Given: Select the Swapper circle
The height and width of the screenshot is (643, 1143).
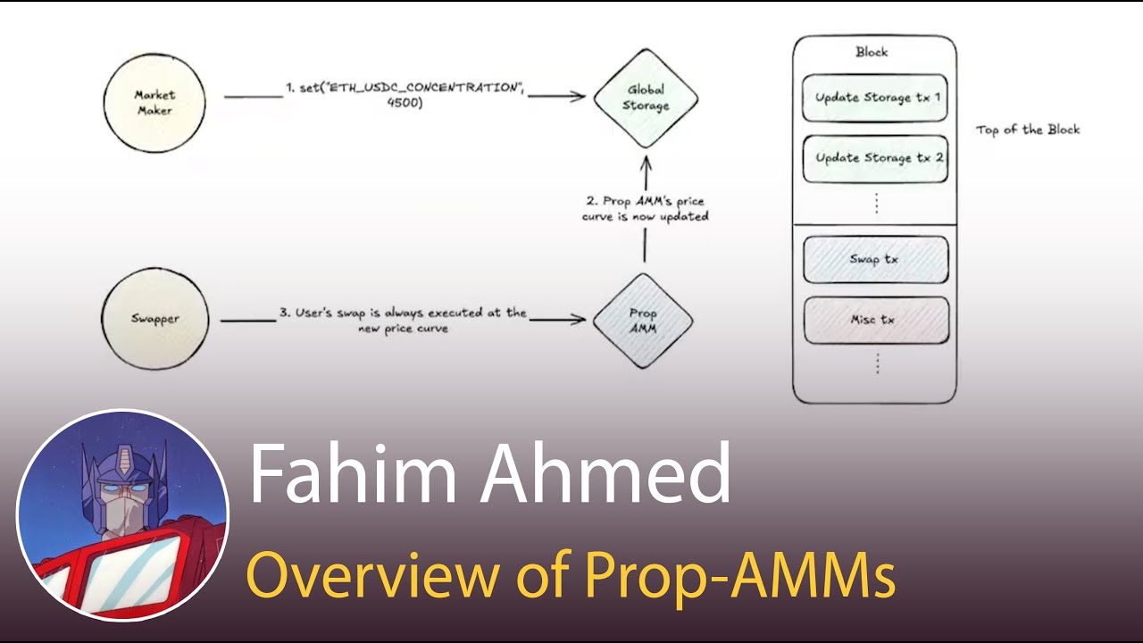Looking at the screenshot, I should click(x=155, y=319).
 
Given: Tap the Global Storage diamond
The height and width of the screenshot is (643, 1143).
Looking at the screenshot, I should click(x=646, y=98).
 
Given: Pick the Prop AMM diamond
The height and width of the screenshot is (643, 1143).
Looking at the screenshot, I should click(x=643, y=320).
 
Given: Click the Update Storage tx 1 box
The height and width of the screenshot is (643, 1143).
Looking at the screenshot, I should click(x=876, y=98).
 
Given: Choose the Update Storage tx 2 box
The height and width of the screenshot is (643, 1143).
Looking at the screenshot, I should click(x=876, y=158).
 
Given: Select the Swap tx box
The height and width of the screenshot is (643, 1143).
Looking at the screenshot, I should click(x=876, y=259).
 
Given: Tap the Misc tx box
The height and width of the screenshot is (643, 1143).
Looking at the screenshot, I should click(x=876, y=320).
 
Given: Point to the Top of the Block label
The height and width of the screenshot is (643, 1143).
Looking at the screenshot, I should click(x=1028, y=129).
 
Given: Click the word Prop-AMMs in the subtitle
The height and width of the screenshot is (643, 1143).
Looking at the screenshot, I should click(x=740, y=575).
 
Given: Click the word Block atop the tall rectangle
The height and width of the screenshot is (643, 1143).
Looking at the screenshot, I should click(x=872, y=52).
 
